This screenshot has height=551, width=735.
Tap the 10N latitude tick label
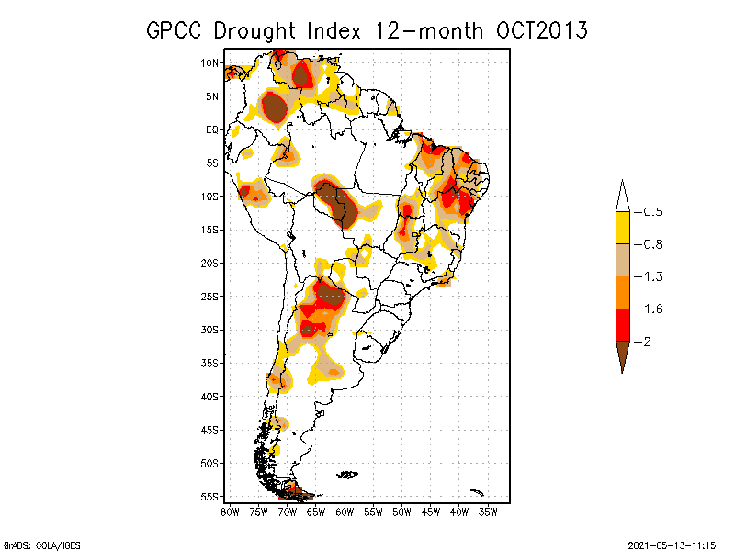click(210, 62)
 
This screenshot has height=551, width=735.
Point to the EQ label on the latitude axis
click(212, 129)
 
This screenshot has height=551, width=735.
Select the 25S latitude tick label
click(210, 297)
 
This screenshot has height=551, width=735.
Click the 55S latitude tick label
click(210, 497)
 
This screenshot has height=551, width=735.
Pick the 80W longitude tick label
click(230, 512)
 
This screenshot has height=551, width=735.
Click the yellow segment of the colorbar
click(622, 228)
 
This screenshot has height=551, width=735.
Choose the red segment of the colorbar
click(622, 324)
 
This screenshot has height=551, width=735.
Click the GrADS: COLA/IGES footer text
click(34, 544)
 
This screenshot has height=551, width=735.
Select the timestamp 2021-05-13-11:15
click(671, 544)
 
